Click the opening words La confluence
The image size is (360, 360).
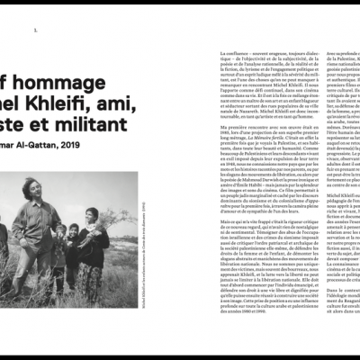point(229,50)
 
